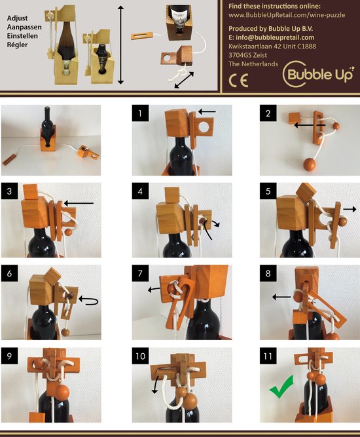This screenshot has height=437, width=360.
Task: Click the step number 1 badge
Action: click(x=140, y=113)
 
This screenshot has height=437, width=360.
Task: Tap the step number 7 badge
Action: click(x=140, y=273)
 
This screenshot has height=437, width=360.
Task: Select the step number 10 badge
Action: click(x=140, y=356)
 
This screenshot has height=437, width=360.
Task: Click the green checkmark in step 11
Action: click(x=281, y=387)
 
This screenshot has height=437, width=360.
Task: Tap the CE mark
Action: click(x=238, y=81)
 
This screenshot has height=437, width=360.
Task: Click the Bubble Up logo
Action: click(x=318, y=74)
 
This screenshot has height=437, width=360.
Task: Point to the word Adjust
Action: click(x=17, y=18)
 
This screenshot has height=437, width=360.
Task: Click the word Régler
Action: click(x=17, y=45)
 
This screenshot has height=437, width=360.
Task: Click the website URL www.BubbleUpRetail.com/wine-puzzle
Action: click(x=287, y=15)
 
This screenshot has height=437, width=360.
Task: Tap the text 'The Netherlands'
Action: click(x=253, y=64)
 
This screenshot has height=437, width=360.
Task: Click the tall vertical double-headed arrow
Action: click(x=120, y=45)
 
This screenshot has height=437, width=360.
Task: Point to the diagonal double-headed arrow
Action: click(x=184, y=80)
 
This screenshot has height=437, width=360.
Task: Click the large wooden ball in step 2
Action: click(x=309, y=164)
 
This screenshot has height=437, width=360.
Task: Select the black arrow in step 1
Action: click(x=207, y=112)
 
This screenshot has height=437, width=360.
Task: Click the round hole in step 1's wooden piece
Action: click(x=204, y=127)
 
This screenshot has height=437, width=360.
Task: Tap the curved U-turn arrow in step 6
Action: click(x=89, y=301)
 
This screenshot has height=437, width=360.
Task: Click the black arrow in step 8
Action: click(x=281, y=297)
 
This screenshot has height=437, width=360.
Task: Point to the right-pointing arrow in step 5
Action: click(x=350, y=209)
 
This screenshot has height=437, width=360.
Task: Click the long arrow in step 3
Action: click(x=79, y=204)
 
